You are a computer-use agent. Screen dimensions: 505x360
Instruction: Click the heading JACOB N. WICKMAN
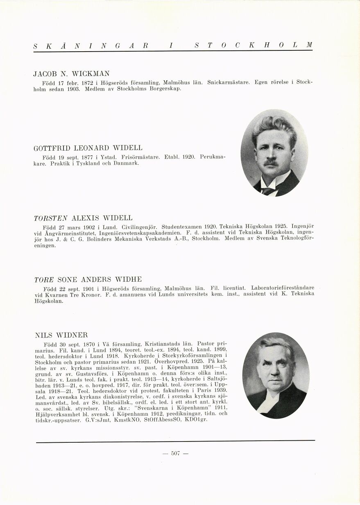[71, 74]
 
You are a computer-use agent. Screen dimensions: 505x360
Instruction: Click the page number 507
[176, 453]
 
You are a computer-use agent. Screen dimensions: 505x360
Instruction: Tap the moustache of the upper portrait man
[271, 162]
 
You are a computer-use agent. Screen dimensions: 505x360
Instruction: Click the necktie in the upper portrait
[269, 190]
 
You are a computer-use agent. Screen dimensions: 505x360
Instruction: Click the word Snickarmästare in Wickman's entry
[226, 82]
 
